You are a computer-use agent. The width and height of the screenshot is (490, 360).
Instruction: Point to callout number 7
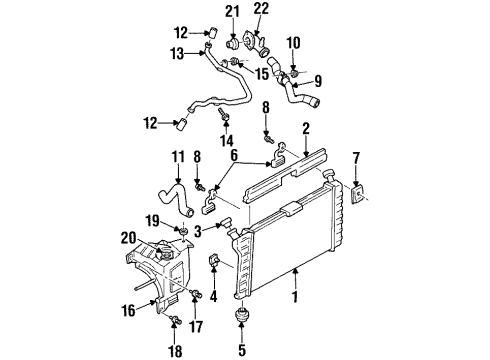[x=359, y=157]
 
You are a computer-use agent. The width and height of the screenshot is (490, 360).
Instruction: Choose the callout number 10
[x=292, y=43]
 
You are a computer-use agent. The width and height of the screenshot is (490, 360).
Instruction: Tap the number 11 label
[x=178, y=157]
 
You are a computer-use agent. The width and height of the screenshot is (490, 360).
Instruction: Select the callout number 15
[x=262, y=73]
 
